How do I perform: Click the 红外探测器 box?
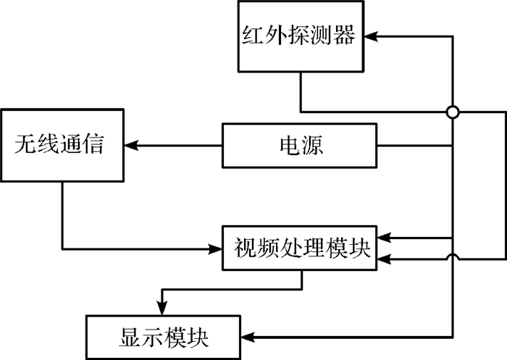click(x=299, y=36)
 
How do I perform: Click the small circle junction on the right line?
click(x=453, y=112)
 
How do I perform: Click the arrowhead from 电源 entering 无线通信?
click(x=130, y=146)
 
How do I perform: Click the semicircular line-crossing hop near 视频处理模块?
click(x=453, y=257)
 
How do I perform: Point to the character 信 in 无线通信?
click(x=95, y=146)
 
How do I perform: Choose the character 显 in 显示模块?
click(x=125, y=338)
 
